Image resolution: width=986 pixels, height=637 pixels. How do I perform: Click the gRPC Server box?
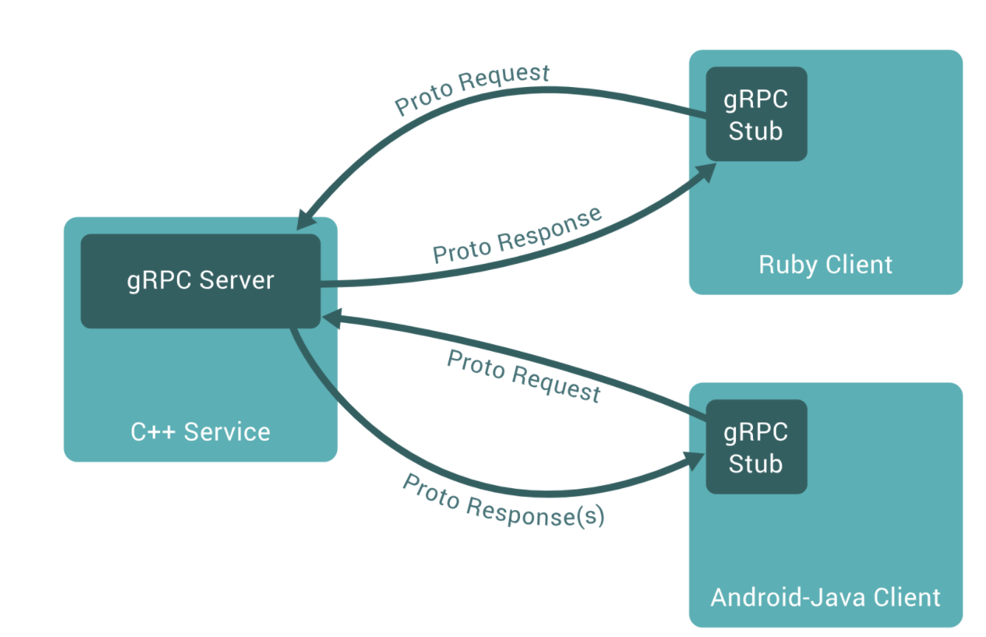pos(200,281)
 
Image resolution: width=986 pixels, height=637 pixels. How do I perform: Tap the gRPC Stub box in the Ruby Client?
pos(756,114)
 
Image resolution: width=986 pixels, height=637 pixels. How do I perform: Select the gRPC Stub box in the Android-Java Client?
pos(756,447)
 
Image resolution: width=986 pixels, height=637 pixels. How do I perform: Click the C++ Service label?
pos(200,431)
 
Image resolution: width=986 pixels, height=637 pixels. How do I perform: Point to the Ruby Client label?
pos(825,265)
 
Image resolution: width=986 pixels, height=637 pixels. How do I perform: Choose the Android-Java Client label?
pos(825,597)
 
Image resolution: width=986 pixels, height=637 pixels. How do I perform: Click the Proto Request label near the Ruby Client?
pos(473,90)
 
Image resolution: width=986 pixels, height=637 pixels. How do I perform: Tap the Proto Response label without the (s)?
pos(517,236)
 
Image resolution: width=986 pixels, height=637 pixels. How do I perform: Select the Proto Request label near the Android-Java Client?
pos(524,376)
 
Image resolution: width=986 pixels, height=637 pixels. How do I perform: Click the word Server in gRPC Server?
pos(236,281)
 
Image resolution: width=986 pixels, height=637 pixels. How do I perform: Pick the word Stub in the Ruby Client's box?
pos(756,131)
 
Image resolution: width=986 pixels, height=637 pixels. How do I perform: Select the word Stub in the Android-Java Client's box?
pos(756,464)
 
